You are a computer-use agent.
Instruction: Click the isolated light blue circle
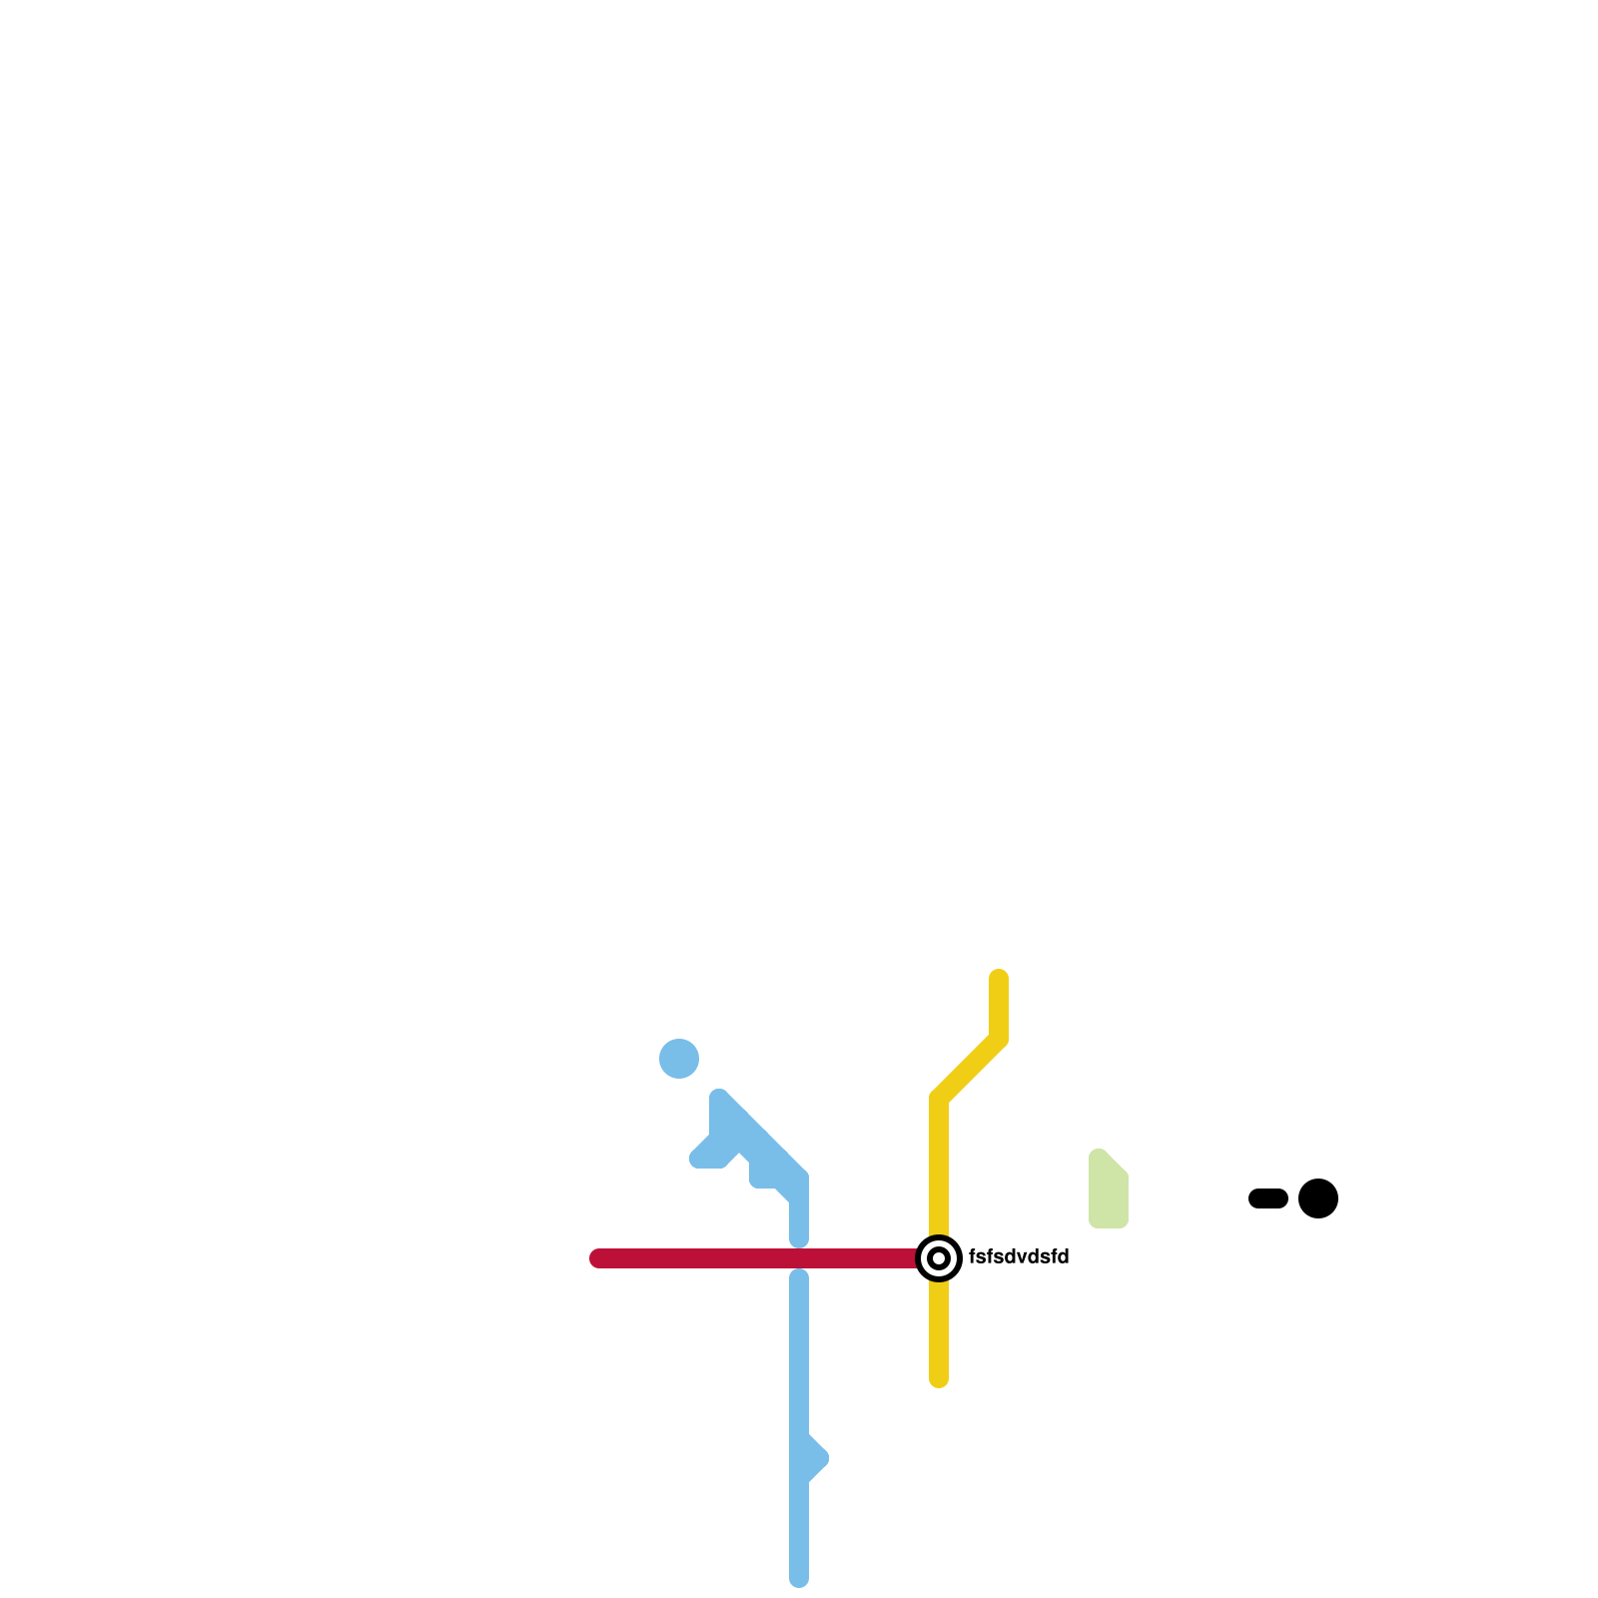point(679,1059)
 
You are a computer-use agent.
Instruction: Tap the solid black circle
point(1318,1198)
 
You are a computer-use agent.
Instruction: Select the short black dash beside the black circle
point(1268,1198)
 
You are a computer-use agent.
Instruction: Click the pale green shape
point(1108,1191)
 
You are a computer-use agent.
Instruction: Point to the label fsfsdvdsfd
point(1019,1257)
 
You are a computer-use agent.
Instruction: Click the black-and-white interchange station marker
point(939,1258)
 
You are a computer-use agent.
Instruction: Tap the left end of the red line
point(598,1258)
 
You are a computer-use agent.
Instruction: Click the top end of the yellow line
point(999,978)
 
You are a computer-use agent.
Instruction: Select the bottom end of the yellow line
point(939,1379)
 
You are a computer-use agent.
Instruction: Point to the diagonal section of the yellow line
point(969,1069)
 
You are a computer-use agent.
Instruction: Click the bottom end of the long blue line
point(799,1579)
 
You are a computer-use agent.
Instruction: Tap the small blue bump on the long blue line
point(815,1458)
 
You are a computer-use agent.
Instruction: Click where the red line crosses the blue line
point(799,1258)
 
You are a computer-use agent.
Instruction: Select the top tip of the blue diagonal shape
point(719,1098)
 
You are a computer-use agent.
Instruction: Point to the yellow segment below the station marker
point(939,1328)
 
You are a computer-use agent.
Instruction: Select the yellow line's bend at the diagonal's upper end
point(999,1039)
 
